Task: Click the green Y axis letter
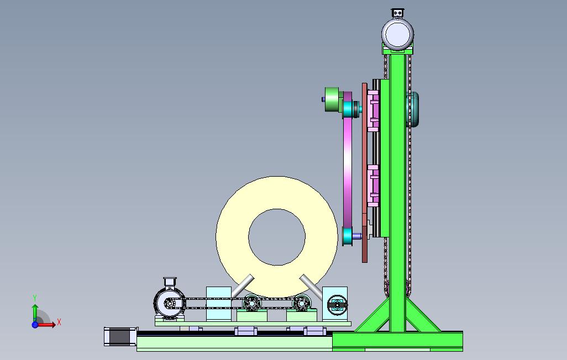point(35,298)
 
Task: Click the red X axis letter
point(59,322)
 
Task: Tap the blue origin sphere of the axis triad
point(35,325)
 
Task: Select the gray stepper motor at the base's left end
point(121,336)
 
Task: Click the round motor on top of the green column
point(397,34)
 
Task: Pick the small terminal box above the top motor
point(397,13)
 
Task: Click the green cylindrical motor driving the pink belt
point(333,99)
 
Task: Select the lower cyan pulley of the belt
point(348,236)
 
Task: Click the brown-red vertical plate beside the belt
point(365,173)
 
